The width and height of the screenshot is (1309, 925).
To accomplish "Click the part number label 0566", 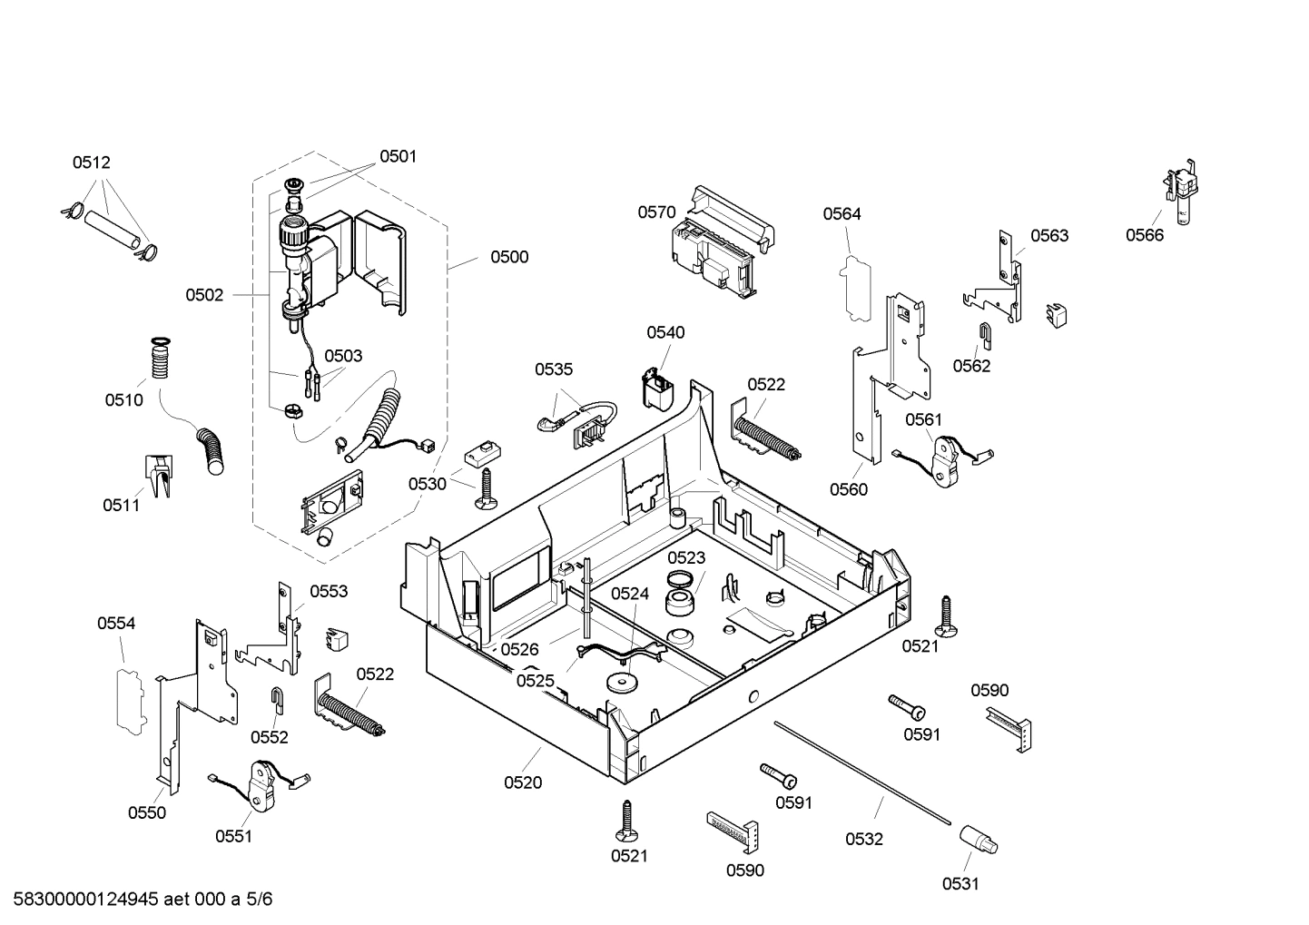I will (x=1144, y=235).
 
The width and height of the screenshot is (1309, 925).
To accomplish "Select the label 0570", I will (x=656, y=212).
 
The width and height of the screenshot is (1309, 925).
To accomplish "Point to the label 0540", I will (x=665, y=333).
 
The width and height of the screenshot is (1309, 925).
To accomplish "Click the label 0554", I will (x=116, y=623).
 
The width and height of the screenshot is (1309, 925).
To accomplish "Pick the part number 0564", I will (x=841, y=214).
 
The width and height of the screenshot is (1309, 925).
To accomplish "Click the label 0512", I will (x=91, y=162).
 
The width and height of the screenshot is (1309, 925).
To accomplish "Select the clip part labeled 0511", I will (x=158, y=476).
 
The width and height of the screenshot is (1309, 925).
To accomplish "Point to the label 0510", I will (x=123, y=400).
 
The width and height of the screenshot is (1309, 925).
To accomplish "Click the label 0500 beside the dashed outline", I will (x=509, y=257).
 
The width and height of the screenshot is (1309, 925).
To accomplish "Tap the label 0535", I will (x=553, y=369).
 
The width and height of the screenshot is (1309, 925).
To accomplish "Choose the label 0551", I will (x=233, y=836).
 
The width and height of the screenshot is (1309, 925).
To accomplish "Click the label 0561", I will (x=923, y=419).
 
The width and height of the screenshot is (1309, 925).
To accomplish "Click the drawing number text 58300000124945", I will (x=81, y=900).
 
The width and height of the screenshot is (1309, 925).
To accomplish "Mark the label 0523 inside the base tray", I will (x=686, y=558).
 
